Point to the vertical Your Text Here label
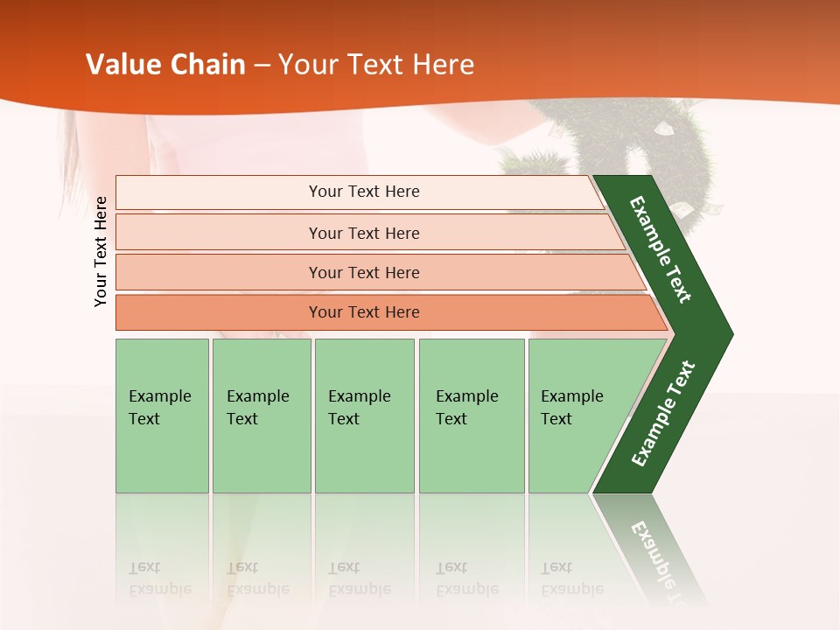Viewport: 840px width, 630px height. point(101,251)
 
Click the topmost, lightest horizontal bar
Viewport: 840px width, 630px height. point(359,192)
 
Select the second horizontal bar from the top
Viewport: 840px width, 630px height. point(367,233)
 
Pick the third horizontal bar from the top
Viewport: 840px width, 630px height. point(376,272)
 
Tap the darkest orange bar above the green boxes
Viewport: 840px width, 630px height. point(385,312)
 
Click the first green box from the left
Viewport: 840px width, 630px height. point(162,415)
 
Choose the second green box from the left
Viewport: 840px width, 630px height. point(262,415)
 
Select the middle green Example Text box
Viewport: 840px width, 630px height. point(364,415)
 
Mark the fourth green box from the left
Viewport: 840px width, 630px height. point(472,415)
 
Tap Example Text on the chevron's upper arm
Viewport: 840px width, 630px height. point(661,249)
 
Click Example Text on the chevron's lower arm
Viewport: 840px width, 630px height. point(663,413)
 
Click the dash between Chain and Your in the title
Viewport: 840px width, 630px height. point(262,66)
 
